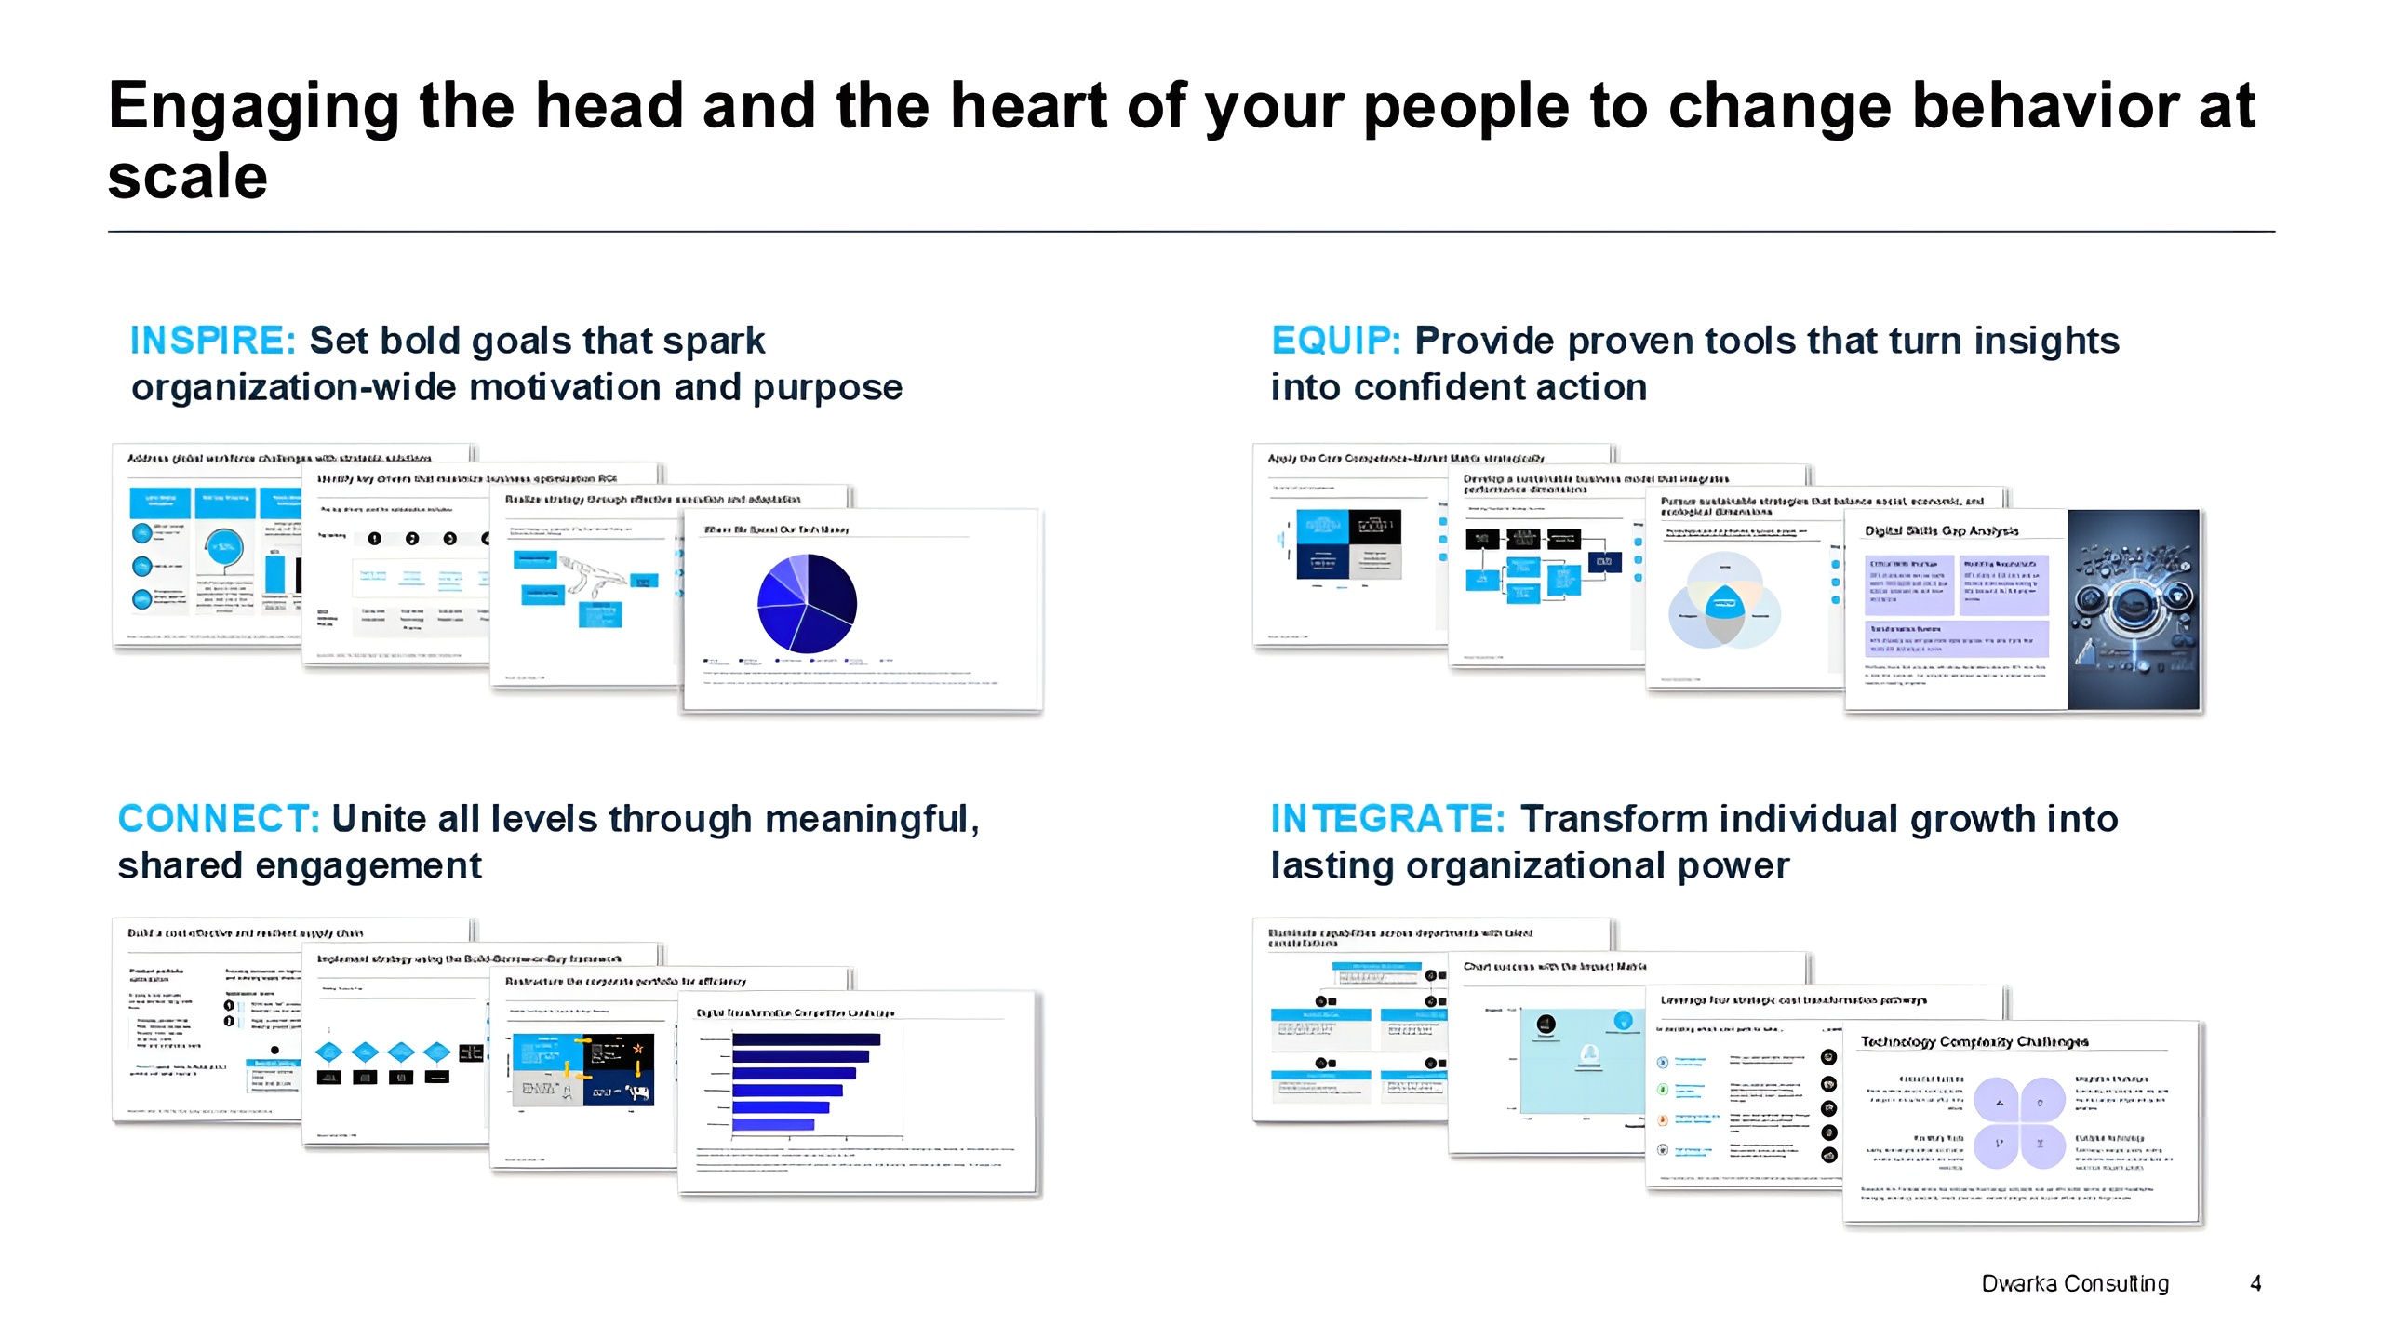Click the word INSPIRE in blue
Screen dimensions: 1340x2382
point(212,341)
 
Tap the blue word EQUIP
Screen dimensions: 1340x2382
point(1334,341)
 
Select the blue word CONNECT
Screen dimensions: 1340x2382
point(218,819)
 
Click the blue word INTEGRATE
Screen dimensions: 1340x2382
point(1386,819)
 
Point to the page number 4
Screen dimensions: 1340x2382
point(2255,1283)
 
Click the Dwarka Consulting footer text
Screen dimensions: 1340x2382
point(2074,1283)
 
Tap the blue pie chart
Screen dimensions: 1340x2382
point(806,603)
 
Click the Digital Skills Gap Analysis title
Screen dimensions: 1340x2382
point(1941,530)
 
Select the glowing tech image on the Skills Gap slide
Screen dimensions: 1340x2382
point(2133,610)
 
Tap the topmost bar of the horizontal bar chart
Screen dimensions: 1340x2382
point(806,1039)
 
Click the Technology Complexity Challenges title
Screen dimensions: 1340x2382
point(1974,1041)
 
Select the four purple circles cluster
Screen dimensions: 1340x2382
point(2018,1122)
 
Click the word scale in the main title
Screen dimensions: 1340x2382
point(188,177)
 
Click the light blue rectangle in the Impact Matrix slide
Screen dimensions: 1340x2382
point(1582,1061)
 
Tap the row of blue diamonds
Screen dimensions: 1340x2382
point(383,1052)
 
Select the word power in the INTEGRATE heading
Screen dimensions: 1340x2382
point(1733,865)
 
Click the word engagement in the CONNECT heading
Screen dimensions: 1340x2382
point(368,865)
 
